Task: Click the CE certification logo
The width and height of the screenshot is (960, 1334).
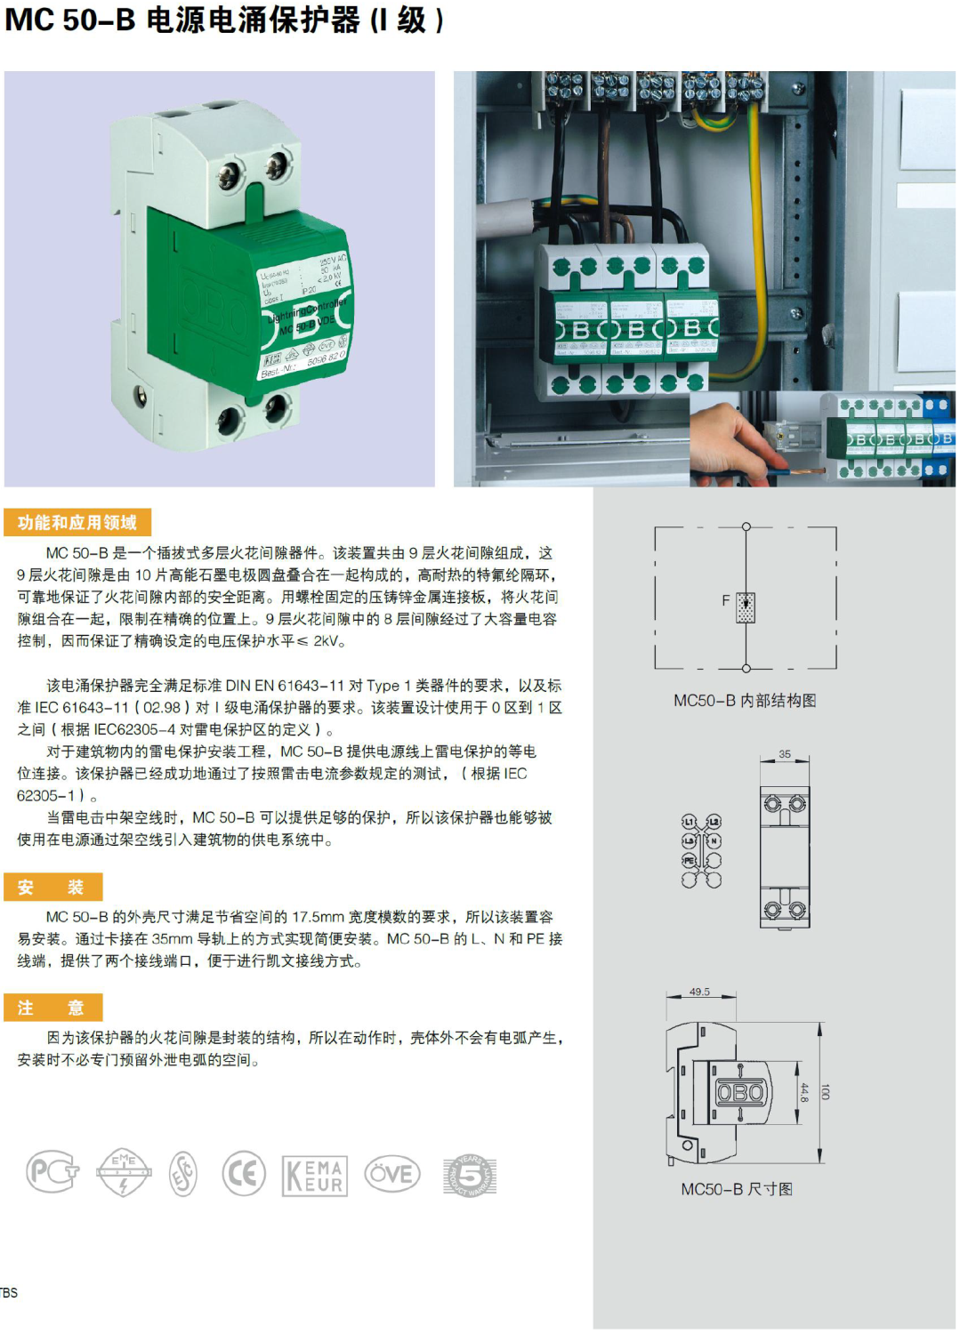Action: click(243, 1174)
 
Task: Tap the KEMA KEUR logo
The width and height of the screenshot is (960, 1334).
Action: click(314, 1176)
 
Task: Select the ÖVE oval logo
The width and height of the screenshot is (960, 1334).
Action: click(392, 1174)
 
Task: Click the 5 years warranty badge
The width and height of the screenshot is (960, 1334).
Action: click(469, 1175)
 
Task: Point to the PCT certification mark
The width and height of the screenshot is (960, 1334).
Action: click(52, 1173)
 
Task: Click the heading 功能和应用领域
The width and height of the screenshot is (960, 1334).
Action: click(77, 523)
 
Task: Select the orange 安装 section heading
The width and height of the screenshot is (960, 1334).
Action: click(52, 887)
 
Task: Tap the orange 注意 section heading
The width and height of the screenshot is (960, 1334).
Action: click(52, 1008)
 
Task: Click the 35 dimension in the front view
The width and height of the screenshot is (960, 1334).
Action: click(784, 754)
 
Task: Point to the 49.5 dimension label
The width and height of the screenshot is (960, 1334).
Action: click(699, 992)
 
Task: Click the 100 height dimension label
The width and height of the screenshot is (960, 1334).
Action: click(826, 1091)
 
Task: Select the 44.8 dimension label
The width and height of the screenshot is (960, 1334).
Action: click(804, 1092)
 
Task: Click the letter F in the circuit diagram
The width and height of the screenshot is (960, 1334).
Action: click(726, 600)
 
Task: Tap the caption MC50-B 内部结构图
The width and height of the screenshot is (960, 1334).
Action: click(745, 701)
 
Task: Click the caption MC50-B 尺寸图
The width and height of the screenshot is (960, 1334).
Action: click(737, 1189)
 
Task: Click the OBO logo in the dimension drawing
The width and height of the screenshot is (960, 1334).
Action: click(740, 1092)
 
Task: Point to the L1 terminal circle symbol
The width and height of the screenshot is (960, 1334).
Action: click(689, 821)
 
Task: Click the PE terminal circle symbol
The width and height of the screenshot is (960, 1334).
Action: click(689, 860)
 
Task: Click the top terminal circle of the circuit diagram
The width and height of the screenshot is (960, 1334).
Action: click(746, 527)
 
